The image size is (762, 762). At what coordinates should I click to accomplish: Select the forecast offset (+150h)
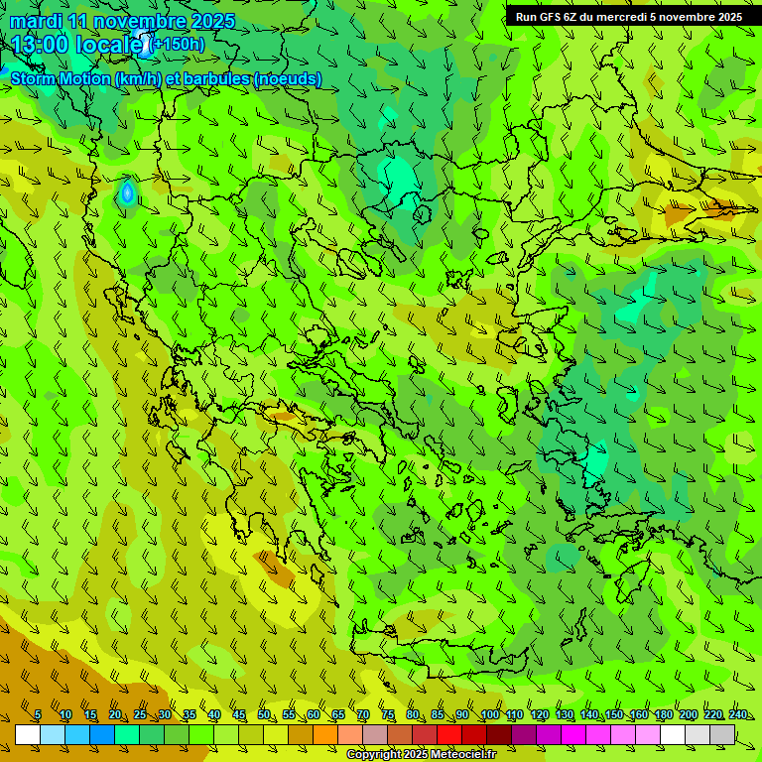click(179, 44)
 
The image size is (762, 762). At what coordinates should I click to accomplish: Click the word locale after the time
click(111, 45)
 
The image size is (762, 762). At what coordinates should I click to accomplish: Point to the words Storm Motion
click(61, 78)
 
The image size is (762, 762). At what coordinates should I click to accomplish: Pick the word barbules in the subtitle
click(215, 78)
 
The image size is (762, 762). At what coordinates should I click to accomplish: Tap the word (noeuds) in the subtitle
click(288, 78)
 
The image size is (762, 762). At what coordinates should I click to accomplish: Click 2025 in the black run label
click(727, 17)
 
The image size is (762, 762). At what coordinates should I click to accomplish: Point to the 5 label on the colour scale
click(38, 714)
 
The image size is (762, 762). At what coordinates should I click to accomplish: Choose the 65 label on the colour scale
click(338, 714)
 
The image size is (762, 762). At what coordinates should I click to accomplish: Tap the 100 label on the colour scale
click(489, 714)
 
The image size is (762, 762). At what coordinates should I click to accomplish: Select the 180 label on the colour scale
click(663, 714)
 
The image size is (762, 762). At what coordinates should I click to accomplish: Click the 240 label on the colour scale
click(737, 714)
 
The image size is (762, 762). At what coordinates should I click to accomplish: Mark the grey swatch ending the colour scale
click(723, 734)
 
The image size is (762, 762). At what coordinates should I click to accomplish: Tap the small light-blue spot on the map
click(127, 193)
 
